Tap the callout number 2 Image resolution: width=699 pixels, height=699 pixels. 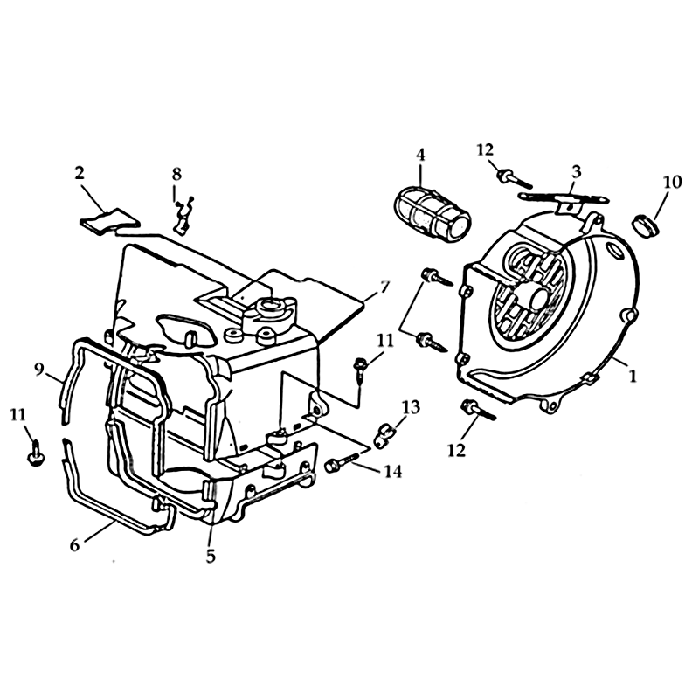coord(80,173)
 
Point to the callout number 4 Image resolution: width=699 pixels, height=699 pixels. coord(420,154)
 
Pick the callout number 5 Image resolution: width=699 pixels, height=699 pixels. coord(211,554)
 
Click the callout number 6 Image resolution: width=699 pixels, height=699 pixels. coord(75,543)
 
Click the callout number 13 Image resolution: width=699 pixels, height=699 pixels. coord(412,406)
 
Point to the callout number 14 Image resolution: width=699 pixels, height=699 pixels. coord(392,472)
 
